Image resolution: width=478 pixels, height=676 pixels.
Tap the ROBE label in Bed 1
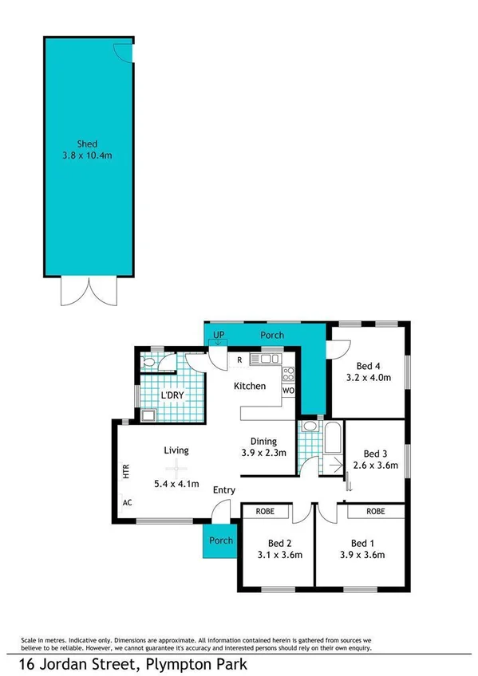pyautogui.click(x=377, y=511)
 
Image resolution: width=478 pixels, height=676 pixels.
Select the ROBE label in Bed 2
pyautogui.click(x=265, y=511)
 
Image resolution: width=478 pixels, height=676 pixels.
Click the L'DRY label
pyautogui.click(x=174, y=395)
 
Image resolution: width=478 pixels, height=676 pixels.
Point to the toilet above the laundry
pyautogui.click(x=149, y=363)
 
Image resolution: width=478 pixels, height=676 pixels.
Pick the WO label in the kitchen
pyautogui.click(x=288, y=391)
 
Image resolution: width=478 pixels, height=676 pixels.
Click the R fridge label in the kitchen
pyautogui.click(x=239, y=360)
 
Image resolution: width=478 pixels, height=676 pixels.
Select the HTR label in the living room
pyautogui.click(x=126, y=471)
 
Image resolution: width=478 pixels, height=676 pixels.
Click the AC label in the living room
pyautogui.click(x=127, y=503)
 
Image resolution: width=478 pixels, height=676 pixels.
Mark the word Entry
pyautogui.click(x=223, y=490)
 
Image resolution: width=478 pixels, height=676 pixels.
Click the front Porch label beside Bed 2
pyautogui.click(x=221, y=540)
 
